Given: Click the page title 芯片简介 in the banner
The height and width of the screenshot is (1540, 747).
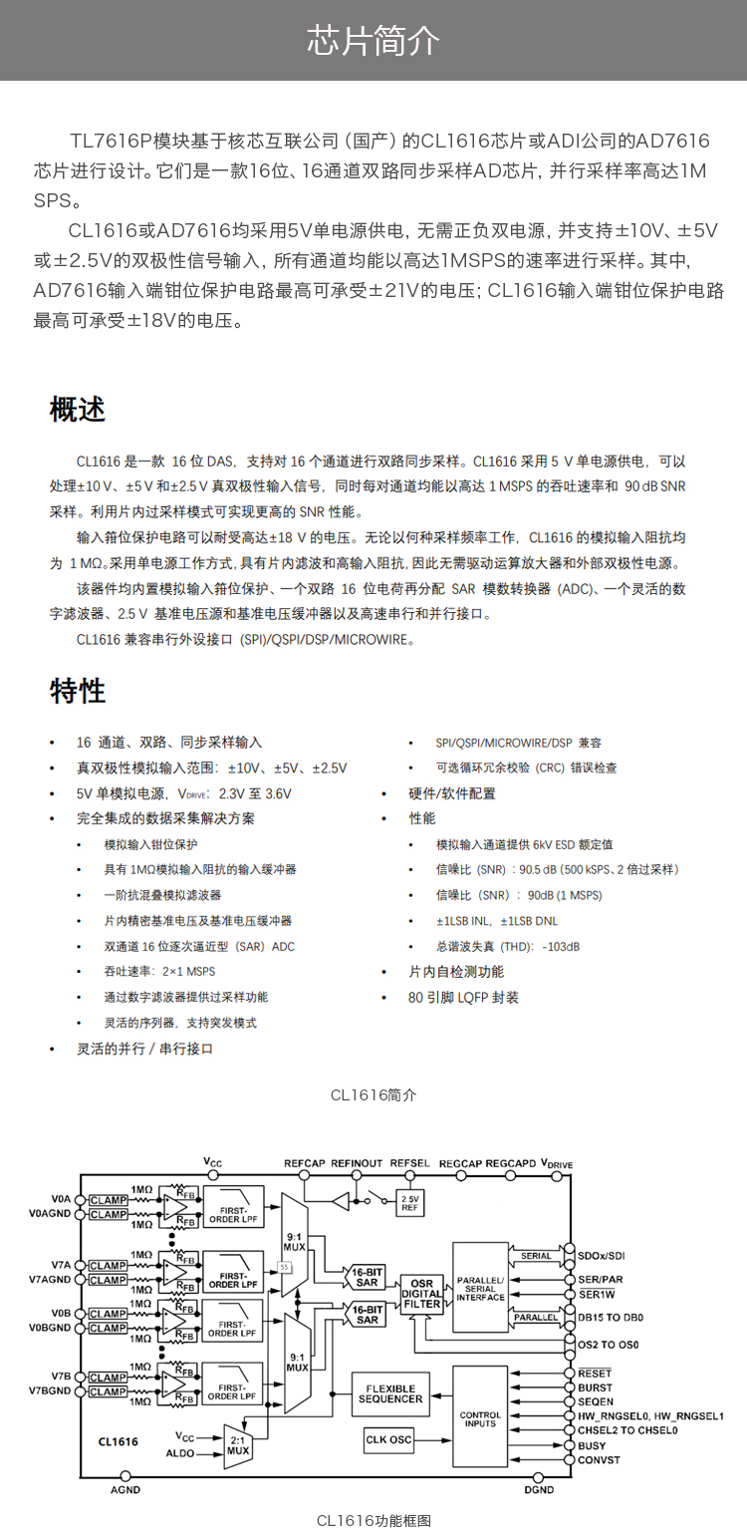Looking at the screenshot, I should pyautogui.click(x=373, y=41).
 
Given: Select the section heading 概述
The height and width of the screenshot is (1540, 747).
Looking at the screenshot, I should pyautogui.click(x=78, y=410).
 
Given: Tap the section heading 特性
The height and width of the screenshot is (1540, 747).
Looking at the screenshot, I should pyautogui.click(x=78, y=691).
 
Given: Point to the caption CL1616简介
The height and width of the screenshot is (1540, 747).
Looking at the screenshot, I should pyautogui.click(x=373, y=1095).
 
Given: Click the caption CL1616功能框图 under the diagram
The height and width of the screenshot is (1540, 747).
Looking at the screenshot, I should pyautogui.click(x=373, y=1520).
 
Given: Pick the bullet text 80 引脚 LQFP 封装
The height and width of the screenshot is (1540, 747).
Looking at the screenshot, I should pyautogui.click(x=463, y=997).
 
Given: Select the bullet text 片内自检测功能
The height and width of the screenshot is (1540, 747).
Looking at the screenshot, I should pyautogui.click(x=456, y=971).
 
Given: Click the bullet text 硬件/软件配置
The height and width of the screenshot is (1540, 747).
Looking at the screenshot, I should pyautogui.click(x=452, y=793).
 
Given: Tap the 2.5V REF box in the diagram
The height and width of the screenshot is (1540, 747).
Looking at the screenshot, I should pyautogui.click(x=409, y=1203).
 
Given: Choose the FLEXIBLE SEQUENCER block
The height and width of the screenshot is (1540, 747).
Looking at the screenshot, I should pyautogui.click(x=389, y=1393).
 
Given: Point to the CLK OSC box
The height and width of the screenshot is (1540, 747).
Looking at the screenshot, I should pyautogui.click(x=388, y=1438).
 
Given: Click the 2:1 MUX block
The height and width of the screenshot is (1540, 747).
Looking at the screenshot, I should pyautogui.click(x=237, y=1443).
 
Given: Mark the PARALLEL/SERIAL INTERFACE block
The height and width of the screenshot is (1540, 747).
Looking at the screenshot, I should pyautogui.click(x=480, y=1287).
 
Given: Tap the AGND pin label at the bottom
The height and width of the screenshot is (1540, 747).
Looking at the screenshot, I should pyautogui.click(x=125, y=1489).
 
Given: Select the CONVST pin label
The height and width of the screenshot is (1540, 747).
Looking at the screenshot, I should pyautogui.click(x=599, y=1459).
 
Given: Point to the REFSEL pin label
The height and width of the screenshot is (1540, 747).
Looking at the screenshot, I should pyautogui.click(x=409, y=1163).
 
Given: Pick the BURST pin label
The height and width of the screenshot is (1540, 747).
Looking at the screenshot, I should pyautogui.click(x=596, y=1387).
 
